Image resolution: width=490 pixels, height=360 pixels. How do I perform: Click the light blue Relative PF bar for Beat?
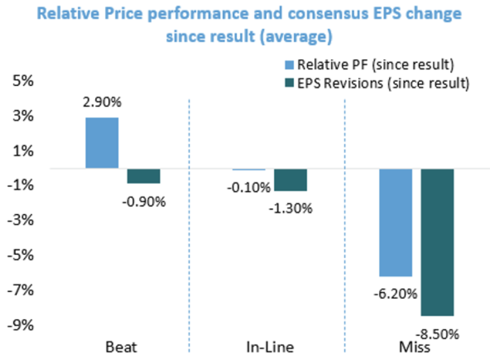click(102, 143)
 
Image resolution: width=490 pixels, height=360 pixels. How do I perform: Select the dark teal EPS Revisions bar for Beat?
click(144, 176)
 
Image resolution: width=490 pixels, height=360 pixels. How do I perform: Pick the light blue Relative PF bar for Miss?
click(395, 223)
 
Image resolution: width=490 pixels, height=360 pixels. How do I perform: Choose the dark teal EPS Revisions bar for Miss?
click(437, 242)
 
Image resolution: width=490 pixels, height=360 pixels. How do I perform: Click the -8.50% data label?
click(438, 334)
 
